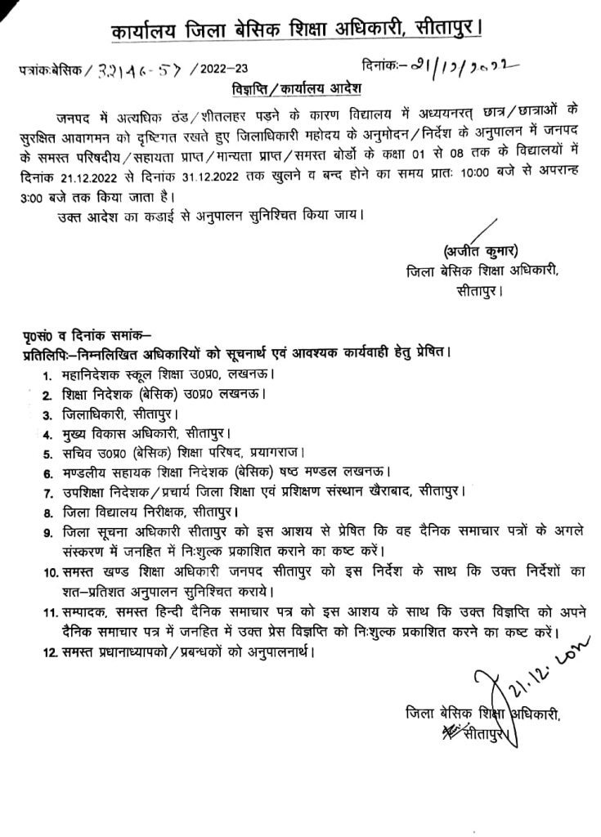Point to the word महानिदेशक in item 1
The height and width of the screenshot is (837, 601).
pos(97,374)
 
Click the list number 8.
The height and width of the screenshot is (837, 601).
pos(47,512)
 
